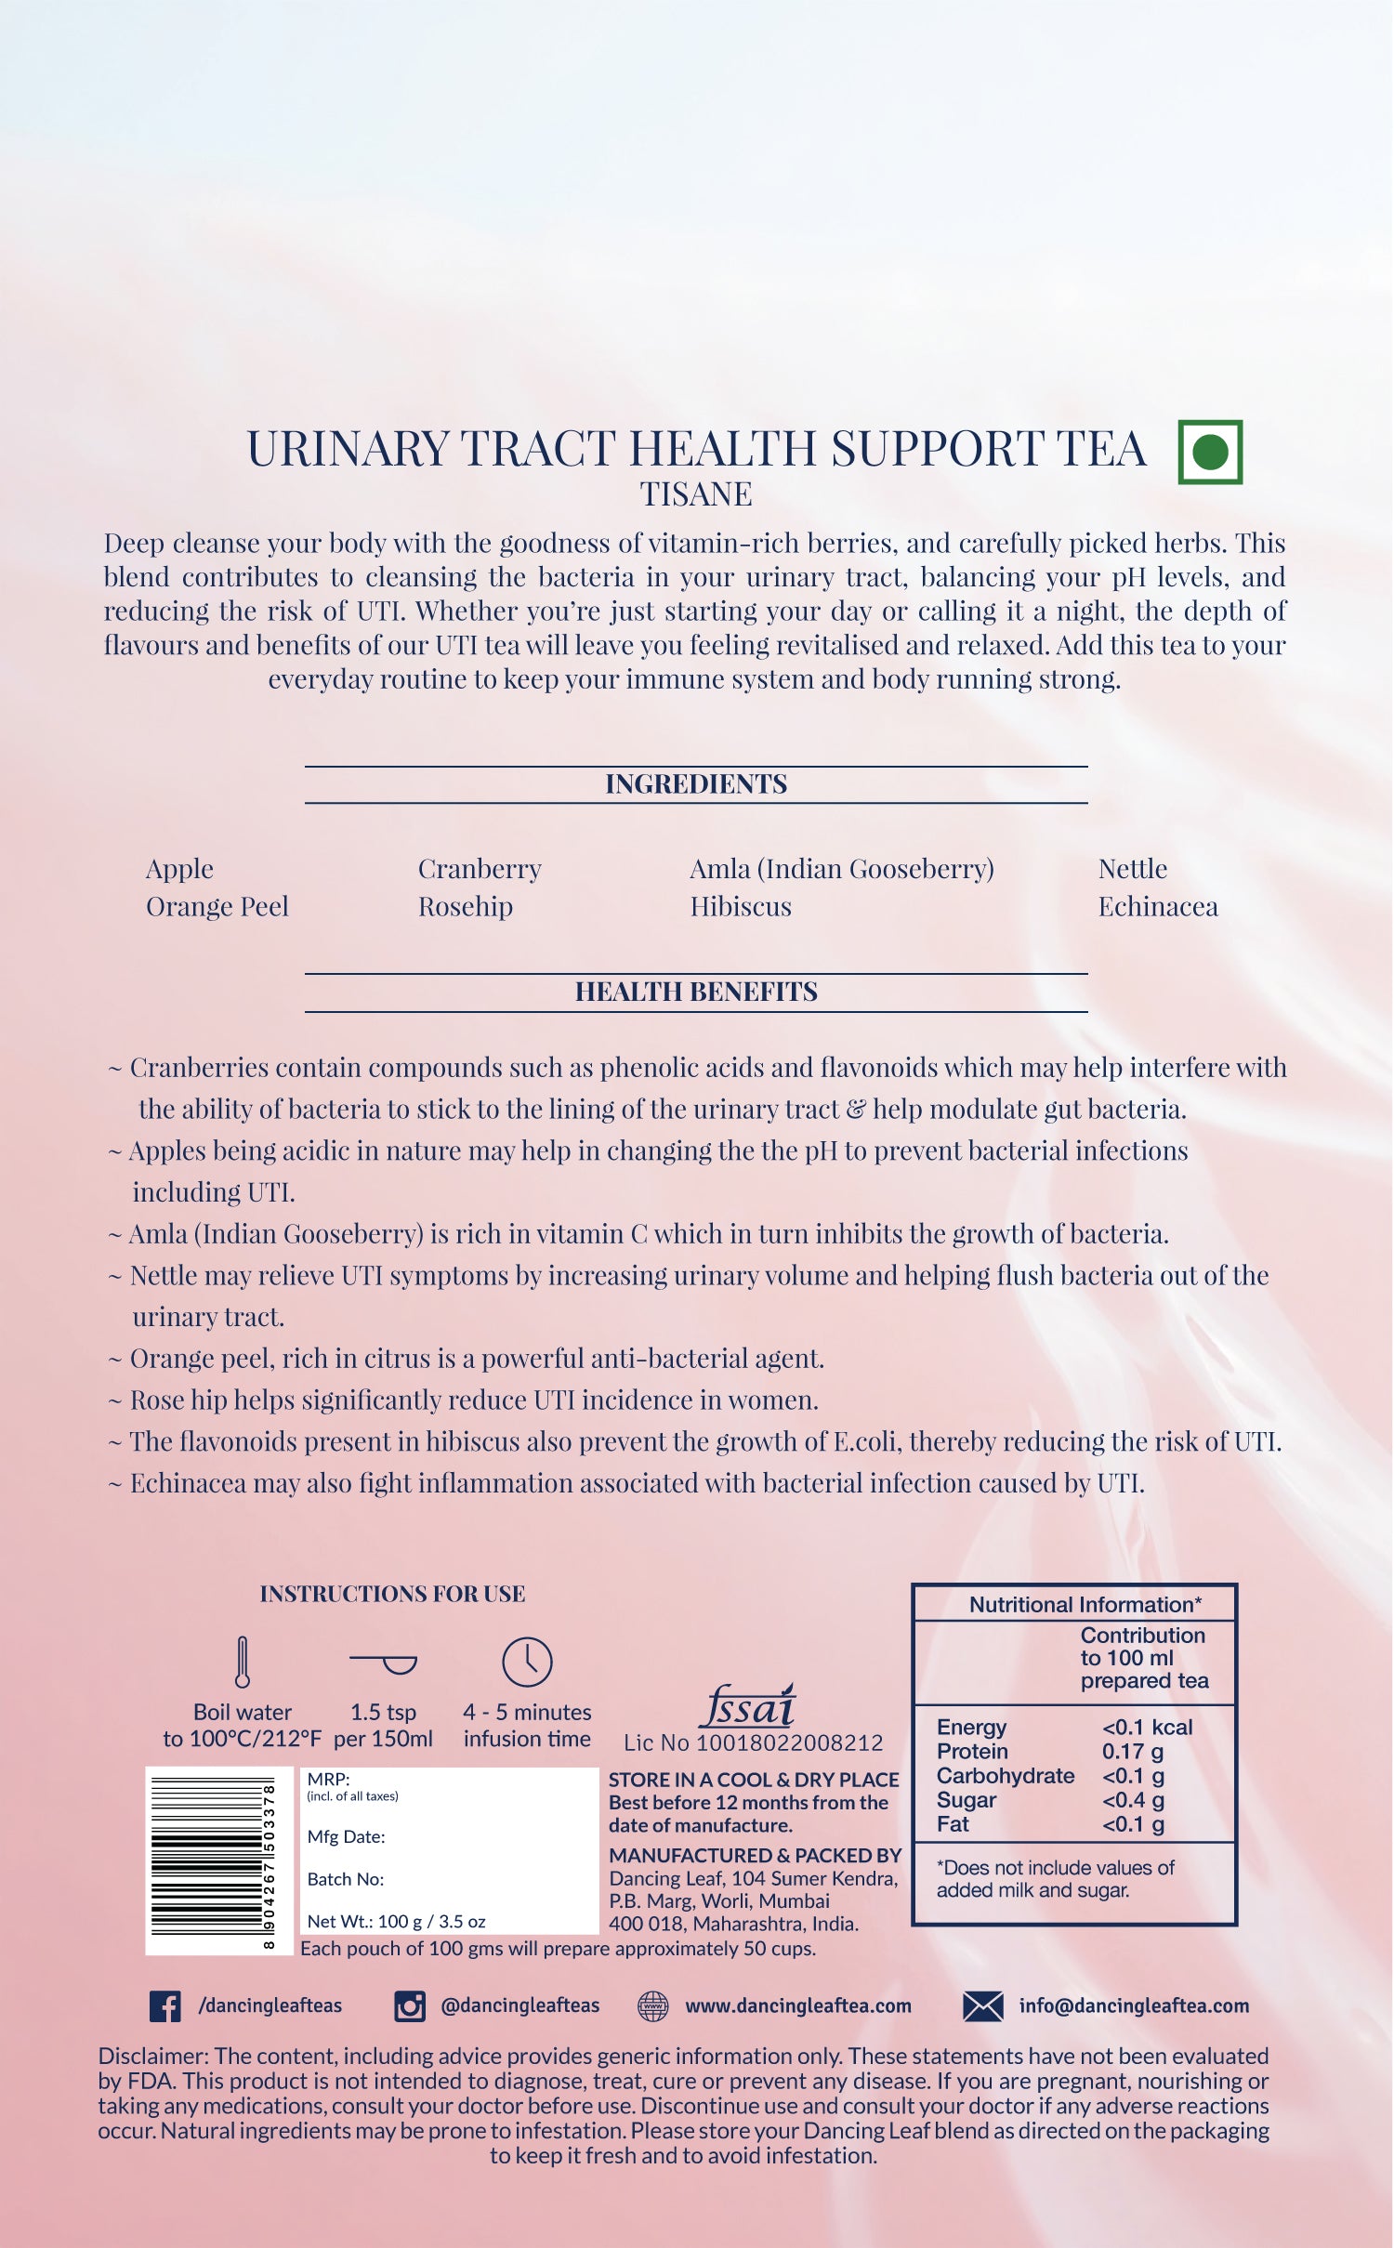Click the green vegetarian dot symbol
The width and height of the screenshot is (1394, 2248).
tap(1210, 452)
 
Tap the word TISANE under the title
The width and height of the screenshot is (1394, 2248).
tap(696, 494)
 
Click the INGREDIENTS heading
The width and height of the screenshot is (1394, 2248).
tap(696, 783)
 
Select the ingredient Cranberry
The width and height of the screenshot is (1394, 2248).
tap(480, 868)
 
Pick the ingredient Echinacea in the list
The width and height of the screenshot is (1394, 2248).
tap(1157, 906)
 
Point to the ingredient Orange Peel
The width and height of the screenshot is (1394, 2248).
tap(217, 906)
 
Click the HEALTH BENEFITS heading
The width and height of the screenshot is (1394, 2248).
tap(696, 992)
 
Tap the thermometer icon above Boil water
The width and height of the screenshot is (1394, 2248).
tap(243, 1662)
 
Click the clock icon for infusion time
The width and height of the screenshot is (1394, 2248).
tap(527, 1662)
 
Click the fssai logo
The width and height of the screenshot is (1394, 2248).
tap(749, 1706)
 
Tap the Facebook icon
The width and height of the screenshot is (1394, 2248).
tap(165, 2005)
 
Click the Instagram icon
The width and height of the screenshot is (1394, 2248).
tap(410, 2005)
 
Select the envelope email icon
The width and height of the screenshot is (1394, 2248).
tap(983, 2005)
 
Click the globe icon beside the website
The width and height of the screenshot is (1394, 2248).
tap(653, 2005)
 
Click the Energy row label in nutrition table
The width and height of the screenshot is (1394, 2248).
tap(971, 1727)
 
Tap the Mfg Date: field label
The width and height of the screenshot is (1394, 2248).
tap(346, 1836)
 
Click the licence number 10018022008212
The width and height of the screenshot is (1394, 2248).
tap(790, 1742)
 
